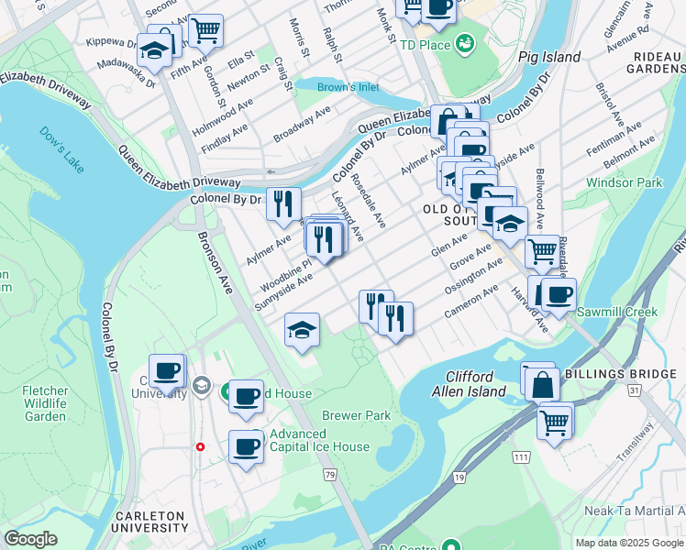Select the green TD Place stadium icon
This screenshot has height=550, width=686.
466,42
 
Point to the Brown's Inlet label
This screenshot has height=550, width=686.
349,88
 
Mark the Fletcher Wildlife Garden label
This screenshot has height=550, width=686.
45,403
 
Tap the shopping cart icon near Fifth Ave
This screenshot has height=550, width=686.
206,29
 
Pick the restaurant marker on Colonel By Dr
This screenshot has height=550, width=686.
283,202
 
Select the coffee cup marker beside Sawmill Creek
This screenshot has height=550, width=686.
558,294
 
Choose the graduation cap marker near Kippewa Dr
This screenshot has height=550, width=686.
156,51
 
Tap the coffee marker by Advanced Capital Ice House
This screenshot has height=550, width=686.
246,446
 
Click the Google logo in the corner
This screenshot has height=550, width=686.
30,539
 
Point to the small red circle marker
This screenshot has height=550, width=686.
200,447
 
